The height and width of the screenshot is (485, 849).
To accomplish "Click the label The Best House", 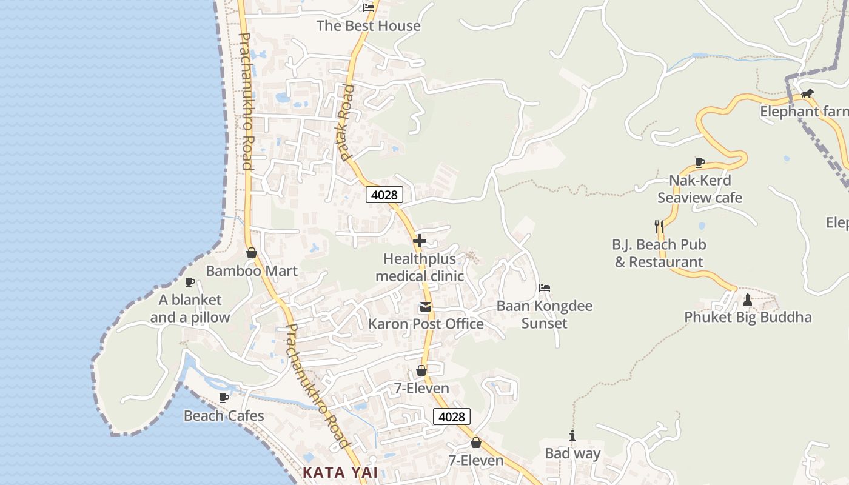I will point(368,26).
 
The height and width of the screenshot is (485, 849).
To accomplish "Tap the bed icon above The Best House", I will point(369,8).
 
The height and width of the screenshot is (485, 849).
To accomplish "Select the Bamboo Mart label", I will point(252,271).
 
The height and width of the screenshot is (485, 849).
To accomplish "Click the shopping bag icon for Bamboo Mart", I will point(252,253).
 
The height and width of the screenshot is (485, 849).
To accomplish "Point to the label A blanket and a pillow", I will point(190,309).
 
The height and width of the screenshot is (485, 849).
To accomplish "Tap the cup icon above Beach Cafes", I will point(224,398).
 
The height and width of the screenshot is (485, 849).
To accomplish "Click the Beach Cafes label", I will point(224,416).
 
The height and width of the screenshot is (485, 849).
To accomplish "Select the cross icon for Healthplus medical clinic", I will point(419,241).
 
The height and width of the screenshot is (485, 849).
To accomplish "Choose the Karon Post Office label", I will point(426,324).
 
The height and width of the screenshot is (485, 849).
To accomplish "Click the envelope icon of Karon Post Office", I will point(426,307).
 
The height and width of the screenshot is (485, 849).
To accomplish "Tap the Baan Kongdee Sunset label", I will point(544,315).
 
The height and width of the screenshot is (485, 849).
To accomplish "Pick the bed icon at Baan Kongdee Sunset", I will point(545,288).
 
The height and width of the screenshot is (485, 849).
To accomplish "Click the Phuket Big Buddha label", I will point(748,317).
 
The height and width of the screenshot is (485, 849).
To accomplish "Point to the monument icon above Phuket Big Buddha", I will point(748,299).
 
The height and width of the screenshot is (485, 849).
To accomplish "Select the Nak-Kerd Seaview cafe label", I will point(700,189).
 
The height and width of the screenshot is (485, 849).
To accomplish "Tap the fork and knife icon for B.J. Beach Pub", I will point(659,227).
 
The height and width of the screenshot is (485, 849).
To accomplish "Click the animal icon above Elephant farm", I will point(807,94).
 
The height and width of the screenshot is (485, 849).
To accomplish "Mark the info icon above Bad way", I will point(572,435).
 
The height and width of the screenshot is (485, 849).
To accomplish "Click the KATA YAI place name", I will point(340,472).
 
